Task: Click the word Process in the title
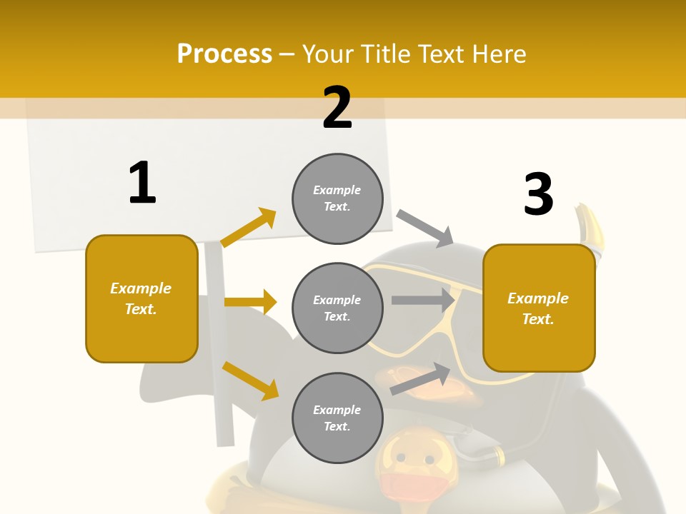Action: (224, 54)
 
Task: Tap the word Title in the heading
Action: (386, 54)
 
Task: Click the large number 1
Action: (142, 183)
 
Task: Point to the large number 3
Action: (538, 194)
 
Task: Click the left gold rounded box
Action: (141, 298)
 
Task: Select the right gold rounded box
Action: (539, 308)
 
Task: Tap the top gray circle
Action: (337, 198)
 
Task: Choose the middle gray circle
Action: (337, 308)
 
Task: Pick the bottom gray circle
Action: (337, 418)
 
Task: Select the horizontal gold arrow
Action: (250, 302)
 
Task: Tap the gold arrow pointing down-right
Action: (251, 380)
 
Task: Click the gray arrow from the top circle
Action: (425, 228)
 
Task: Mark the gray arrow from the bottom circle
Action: (421, 378)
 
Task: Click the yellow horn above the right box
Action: (592, 228)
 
